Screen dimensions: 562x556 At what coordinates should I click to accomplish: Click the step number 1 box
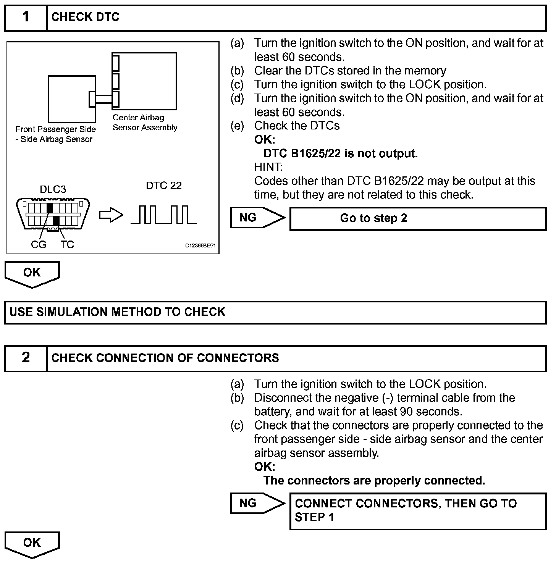click(x=26, y=17)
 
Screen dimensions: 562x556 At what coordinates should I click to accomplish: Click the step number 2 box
click(x=26, y=358)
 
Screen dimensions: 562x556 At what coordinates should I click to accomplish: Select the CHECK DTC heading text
click(x=85, y=17)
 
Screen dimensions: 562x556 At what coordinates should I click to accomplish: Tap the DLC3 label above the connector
click(x=53, y=189)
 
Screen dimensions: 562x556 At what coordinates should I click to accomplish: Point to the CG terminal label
click(x=38, y=245)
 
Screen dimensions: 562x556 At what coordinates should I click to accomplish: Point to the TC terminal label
click(x=67, y=245)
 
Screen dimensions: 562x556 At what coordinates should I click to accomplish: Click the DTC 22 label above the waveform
click(x=164, y=186)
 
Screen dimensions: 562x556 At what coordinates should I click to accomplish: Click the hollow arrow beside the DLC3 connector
click(x=111, y=216)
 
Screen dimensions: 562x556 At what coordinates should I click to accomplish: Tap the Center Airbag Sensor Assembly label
click(x=145, y=123)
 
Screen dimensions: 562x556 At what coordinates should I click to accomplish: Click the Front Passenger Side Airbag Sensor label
click(x=56, y=134)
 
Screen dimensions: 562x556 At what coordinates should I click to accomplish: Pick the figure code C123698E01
click(x=200, y=246)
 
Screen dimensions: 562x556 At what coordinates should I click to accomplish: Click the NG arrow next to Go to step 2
click(x=257, y=218)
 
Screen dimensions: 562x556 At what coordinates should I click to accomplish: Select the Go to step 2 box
click(x=418, y=218)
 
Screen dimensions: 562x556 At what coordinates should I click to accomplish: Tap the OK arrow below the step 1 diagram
click(x=32, y=274)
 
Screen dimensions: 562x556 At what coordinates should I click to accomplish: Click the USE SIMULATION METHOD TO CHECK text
click(x=117, y=312)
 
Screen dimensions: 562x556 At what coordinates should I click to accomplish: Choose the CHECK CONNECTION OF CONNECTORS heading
click(x=165, y=358)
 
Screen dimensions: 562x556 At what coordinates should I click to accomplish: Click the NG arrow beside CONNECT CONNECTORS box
click(x=257, y=504)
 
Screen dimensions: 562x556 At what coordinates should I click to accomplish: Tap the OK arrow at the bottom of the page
click(x=32, y=544)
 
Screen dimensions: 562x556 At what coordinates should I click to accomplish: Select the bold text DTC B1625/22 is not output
click(x=341, y=153)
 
